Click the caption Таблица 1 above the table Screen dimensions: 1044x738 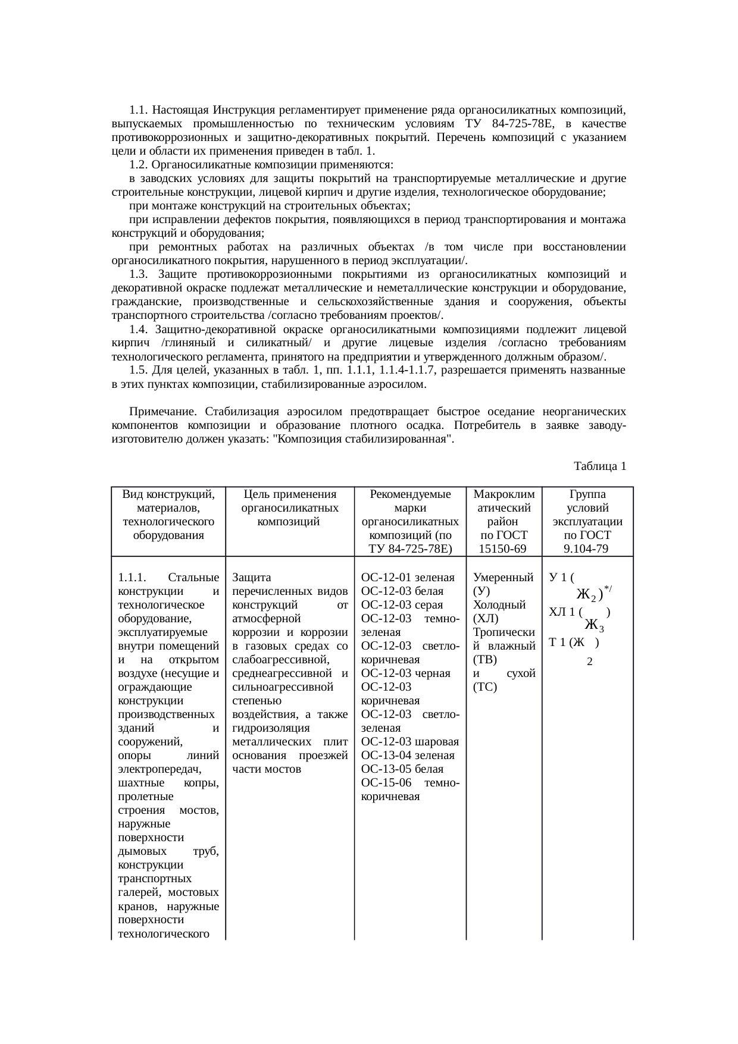point(599,466)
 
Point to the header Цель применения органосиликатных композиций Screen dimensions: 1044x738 point(290,508)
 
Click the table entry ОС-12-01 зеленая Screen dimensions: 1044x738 point(408,577)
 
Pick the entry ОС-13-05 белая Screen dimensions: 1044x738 point(402,769)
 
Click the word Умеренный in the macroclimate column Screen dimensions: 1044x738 point(502,577)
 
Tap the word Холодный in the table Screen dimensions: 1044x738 point(499,604)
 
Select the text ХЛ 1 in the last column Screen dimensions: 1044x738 point(562,612)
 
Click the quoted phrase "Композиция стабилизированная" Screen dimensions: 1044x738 point(362,439)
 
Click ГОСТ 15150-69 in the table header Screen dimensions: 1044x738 point(503,541)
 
